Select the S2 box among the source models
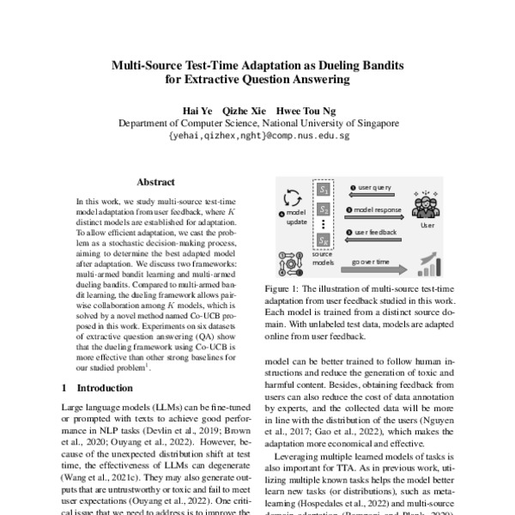[324, 209]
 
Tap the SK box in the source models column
[324, 241]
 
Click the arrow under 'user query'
[370, 195]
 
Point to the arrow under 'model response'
[370, 218]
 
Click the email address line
[257, 136]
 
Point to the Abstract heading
[155, 182]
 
